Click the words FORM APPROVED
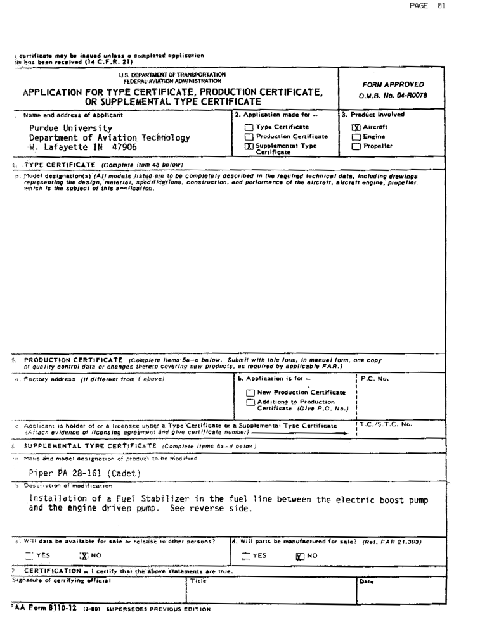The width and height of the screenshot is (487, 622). coord(393,84)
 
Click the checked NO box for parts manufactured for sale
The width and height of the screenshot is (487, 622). coord(299,557)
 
